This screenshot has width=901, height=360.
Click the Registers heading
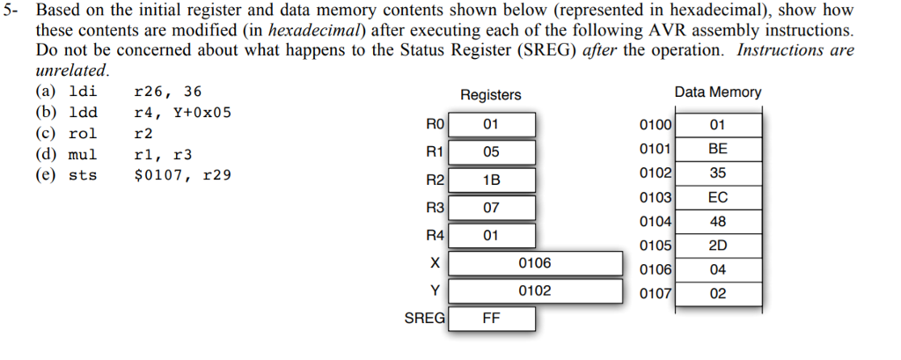[x=490, y=95]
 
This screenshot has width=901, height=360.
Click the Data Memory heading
[x=717, y=92]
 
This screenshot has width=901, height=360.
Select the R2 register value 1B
[x=491, y=180]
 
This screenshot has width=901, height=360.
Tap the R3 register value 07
[x=491, y=208]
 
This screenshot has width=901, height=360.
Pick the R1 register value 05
[x=491, y=151]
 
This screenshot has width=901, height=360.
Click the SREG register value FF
[x=491, y=319]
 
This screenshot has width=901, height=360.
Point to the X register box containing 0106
[x=534, y=263]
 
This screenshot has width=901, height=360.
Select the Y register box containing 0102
[x=534, y=290]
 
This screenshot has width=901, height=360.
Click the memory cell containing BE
[x=717, y=150]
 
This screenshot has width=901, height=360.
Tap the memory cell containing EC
[x=717, y=198]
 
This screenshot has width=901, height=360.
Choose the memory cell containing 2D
[x=717, y=246]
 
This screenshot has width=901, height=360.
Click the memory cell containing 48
[x=717, y=222]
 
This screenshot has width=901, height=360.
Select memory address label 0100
[x=656, y=125]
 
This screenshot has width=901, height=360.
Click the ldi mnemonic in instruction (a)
[x=83, y=92]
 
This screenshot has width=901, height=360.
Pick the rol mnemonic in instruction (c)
[x=83, y=134]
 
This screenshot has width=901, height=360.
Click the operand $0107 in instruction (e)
[x=157, y=175]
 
